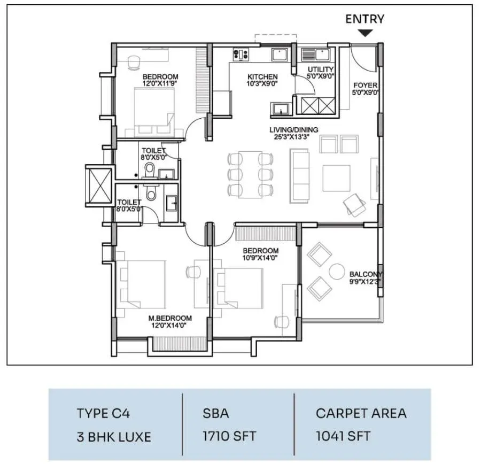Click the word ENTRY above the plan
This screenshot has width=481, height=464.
pyautogui.click(x=364, y=19)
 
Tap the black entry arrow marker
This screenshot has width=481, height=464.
pyautogui.click(x=365, y=33)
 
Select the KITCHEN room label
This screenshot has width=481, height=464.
pyautogui.click(x=262, y=77)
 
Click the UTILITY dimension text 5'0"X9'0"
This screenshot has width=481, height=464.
pyautogui.click(x=321, y=76)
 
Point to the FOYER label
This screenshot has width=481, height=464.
pyautogui.click(x=365, y=86)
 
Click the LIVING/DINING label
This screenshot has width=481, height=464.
pyautogui.click(x=293, y=130)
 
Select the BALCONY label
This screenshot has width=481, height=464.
pyautogui.click(x=366, y=274)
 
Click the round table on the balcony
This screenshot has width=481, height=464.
pyautogui.click(x=337, y=271)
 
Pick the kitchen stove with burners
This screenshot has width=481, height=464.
pyautogui.click(x=241, y=55)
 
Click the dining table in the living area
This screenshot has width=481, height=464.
pyautogui.click(x=250, y=175)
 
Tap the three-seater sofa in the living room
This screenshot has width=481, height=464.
pyautogui.click(x=299, y=176)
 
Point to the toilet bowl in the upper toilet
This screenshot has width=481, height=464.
pyautogui.click(x=150, y=171)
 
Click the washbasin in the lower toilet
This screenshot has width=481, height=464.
pyautogui.click(x=172, y=203)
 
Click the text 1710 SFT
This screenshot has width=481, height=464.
pyautogui.click(x=229, y=436)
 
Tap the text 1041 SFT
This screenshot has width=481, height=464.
pyautogui.click(x=343, y=436)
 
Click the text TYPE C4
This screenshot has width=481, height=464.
pyautogui.click(x=103, y=413)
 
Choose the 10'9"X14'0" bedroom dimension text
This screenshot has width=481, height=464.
pyautogui.click(x=260, y=258)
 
